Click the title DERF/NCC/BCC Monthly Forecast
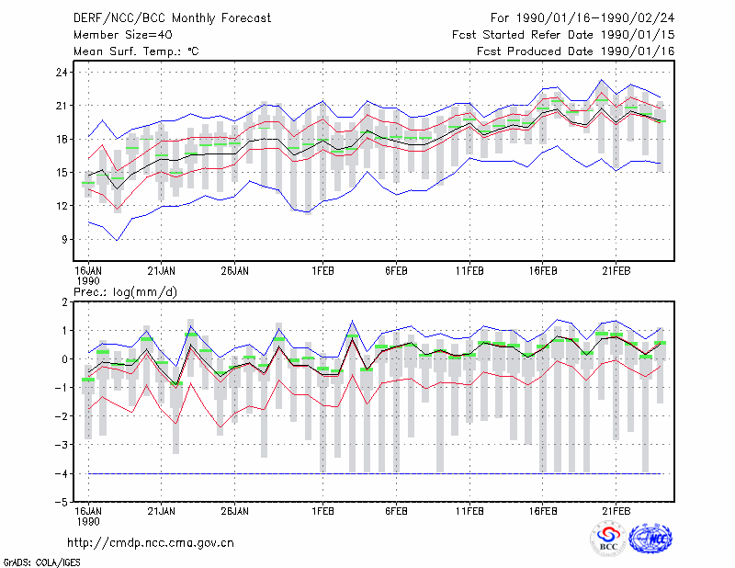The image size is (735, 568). click(x=172, y=18)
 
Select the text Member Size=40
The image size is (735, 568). click(x=123, y=35)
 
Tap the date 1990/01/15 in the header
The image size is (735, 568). click(x=638, y=35)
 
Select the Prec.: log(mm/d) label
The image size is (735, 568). click(x=125, y=292)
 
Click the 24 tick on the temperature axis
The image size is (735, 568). click(x=62, y=73)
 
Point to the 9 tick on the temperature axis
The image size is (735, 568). click(x=64, y=239)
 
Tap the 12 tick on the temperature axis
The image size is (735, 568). click(x=62, y=206)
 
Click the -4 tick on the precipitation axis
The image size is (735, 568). click(x=61, y=473)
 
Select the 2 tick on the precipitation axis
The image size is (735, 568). click(x=64, y=302)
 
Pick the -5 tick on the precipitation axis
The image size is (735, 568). click(x=61, y=503)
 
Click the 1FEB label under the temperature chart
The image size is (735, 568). click(x=323, y=271)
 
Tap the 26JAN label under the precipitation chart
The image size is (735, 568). click(x=235, y=511)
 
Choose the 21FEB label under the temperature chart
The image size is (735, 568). click(x=616, y=271)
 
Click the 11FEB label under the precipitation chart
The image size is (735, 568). click(x=469, y=511)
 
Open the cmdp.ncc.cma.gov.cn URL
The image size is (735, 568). click(x=151, y=543)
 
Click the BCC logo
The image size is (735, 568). click(x=608, y=539)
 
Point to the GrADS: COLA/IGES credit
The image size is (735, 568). click(x=42, y=562)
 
